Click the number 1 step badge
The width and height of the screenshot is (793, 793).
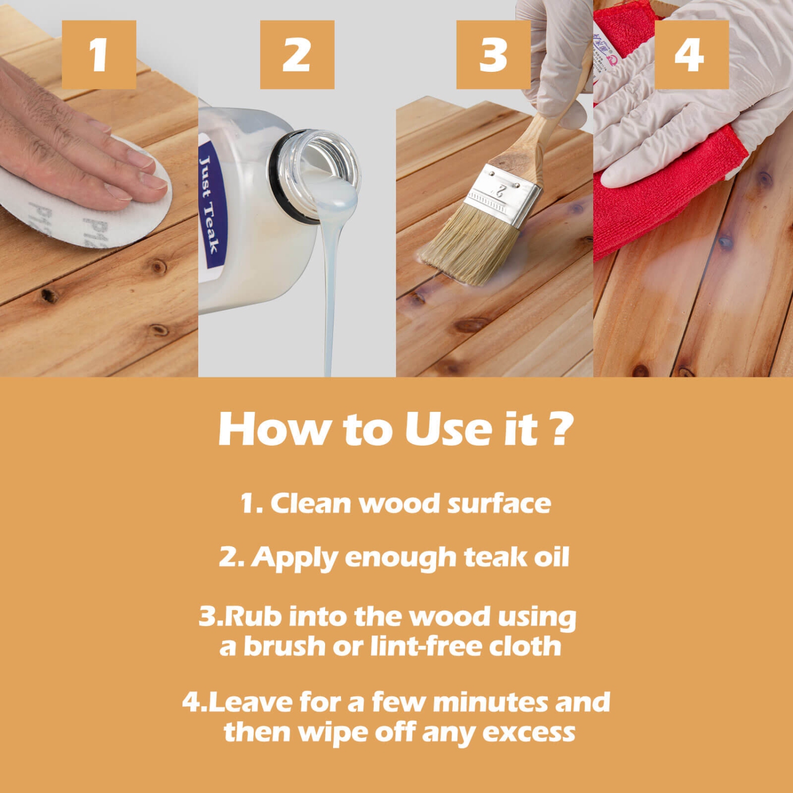(x=99, y=54)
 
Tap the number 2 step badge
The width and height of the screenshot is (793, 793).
(x=297, y=54)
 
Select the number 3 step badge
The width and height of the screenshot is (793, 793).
(x=493, y=54)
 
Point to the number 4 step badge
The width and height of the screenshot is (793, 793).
(x=691, y=54)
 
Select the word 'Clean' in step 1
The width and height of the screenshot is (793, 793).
(x=311, y=503)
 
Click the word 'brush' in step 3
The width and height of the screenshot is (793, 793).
(x=284, y=647)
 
